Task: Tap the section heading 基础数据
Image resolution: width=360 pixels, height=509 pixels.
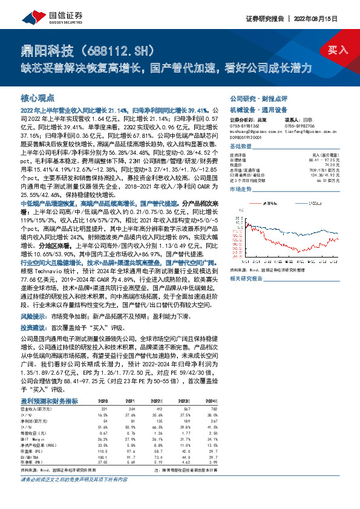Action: pyautogui.click(x=240, y=147)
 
